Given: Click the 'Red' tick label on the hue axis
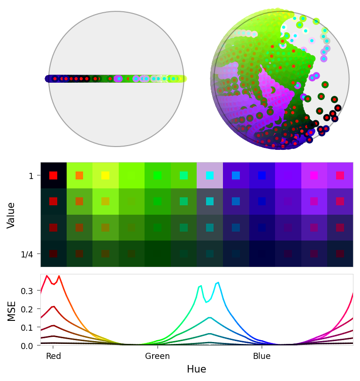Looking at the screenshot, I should pos(54,356).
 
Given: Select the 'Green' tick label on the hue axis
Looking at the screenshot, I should pos(157,356).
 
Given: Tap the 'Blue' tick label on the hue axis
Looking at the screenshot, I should pos(261,356).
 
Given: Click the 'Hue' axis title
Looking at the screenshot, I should pos(196,369).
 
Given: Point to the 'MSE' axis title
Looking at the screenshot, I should pos(12,311).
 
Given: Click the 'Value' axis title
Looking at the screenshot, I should pos(12,215).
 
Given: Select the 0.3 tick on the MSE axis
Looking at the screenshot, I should pos(28,291).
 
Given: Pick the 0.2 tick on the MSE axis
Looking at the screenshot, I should pos(28,309).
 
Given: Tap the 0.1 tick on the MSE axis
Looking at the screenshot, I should pos(28,327).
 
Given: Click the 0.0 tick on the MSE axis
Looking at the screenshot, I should pos(28,345).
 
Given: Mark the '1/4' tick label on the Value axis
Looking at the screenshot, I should pos(28,254).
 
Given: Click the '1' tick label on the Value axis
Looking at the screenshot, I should pos(31,176).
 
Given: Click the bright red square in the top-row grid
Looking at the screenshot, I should pos(54,175).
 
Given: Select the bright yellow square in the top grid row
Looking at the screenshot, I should pos(106,175).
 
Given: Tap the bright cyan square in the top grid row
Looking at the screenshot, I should pos(210,175).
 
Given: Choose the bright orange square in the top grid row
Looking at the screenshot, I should pos(79,175).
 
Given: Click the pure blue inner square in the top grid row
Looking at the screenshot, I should pos(262,175).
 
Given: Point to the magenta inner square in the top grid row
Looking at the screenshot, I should pos(314,175).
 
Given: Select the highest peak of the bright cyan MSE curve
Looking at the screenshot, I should pos(218,282).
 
